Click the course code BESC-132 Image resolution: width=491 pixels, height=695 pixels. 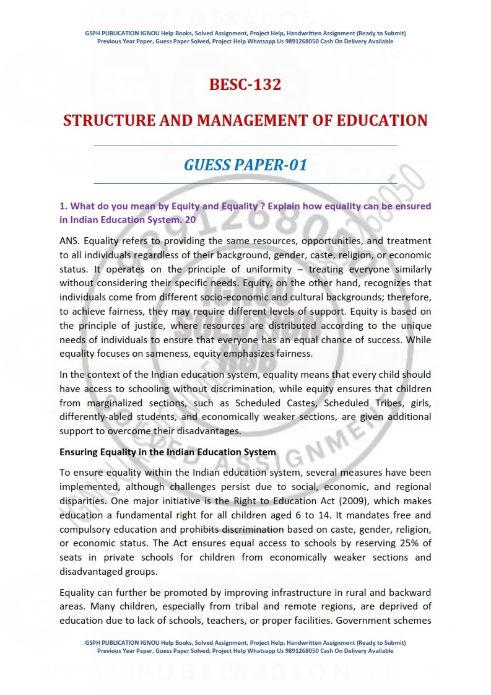(245, 84)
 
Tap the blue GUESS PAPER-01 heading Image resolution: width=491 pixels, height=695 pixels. (245, 165)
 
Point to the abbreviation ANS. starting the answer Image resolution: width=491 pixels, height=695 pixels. (70, 240)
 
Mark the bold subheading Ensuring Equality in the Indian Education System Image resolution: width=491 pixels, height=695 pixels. (167, 452)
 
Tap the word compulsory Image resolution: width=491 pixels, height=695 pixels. (87, 529)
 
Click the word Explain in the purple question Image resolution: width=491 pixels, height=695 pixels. (293, 206)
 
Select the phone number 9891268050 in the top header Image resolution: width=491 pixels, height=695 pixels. (301, 42)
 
